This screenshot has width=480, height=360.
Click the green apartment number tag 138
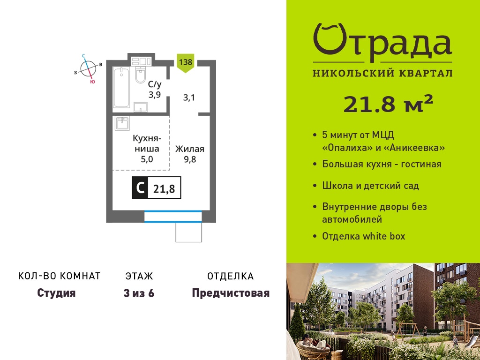(x=186, y=63)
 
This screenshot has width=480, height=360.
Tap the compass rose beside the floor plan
(x=88, y=68)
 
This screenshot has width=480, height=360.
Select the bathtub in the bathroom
(x=121, y=87)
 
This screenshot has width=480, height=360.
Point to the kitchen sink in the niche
(x=122, y=123)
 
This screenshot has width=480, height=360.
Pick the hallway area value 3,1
(x=189, y=98)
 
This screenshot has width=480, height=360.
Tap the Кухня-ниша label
(x=147, y=143)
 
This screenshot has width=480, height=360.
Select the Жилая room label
(x=189, y=149)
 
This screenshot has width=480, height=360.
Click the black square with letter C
(x=140, y=187)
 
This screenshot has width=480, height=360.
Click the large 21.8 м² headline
(x=388, y=104)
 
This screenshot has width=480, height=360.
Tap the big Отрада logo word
(x=382, y=41)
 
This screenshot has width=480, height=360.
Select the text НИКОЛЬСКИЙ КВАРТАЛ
(x=382, y=73)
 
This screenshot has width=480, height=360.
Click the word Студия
(x=56, y=293)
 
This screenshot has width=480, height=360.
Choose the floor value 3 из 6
(x=139, y=293)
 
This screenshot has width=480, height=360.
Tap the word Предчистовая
(x=231, y=293)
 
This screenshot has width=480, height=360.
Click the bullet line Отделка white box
(x=364, y=236)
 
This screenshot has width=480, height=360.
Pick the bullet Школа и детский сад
(x=370, y=186)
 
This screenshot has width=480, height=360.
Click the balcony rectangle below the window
(x=188, y=232)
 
